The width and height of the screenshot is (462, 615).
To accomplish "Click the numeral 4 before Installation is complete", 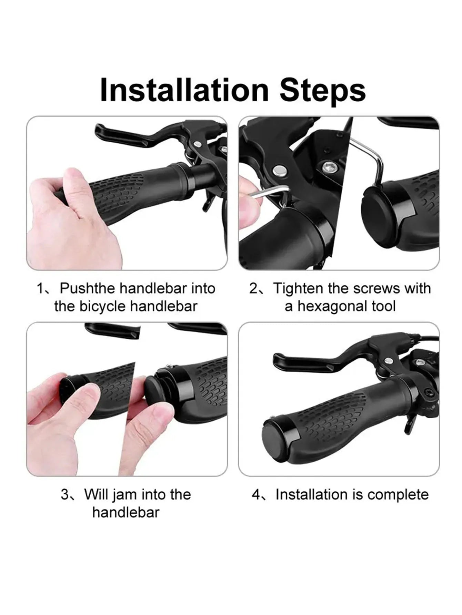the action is click(x=256, y=495).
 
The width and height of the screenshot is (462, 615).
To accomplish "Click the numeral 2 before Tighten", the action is click(x=253, y=289).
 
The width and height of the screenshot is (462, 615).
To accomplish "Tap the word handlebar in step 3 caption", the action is click(x=126, y=513).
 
